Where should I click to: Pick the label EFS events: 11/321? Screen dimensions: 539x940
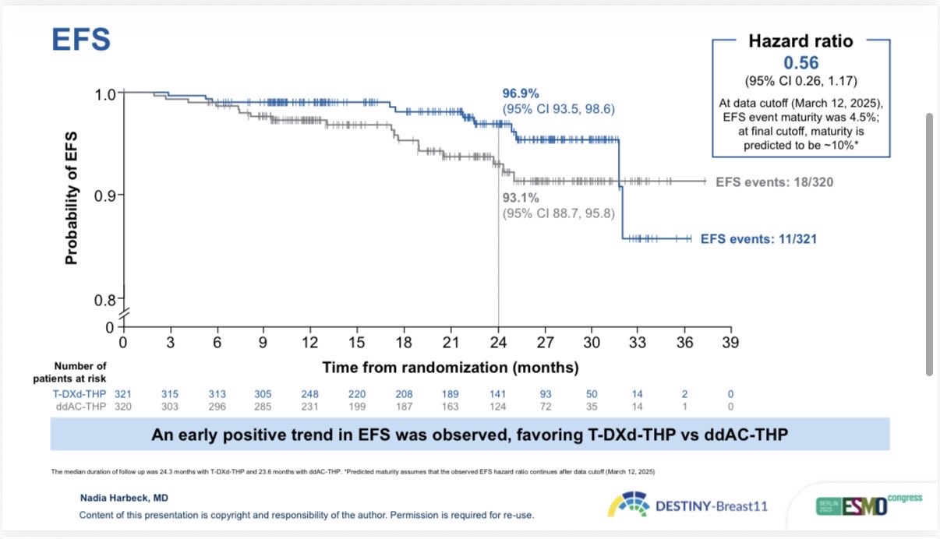pos(758,239)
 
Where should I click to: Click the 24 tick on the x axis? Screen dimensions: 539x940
pos(498,342)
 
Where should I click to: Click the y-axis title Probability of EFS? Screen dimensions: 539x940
pos(72,196)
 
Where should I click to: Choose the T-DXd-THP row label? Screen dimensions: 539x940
pos(77,394)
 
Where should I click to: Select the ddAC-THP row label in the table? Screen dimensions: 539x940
pos(80,406)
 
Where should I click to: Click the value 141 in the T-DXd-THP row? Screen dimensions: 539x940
pos(497,394)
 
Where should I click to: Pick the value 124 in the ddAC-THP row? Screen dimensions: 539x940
pos(497,406)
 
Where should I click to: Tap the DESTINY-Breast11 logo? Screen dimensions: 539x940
pos(687,506)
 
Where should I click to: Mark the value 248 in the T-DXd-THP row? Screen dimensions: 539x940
pos(310,394)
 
